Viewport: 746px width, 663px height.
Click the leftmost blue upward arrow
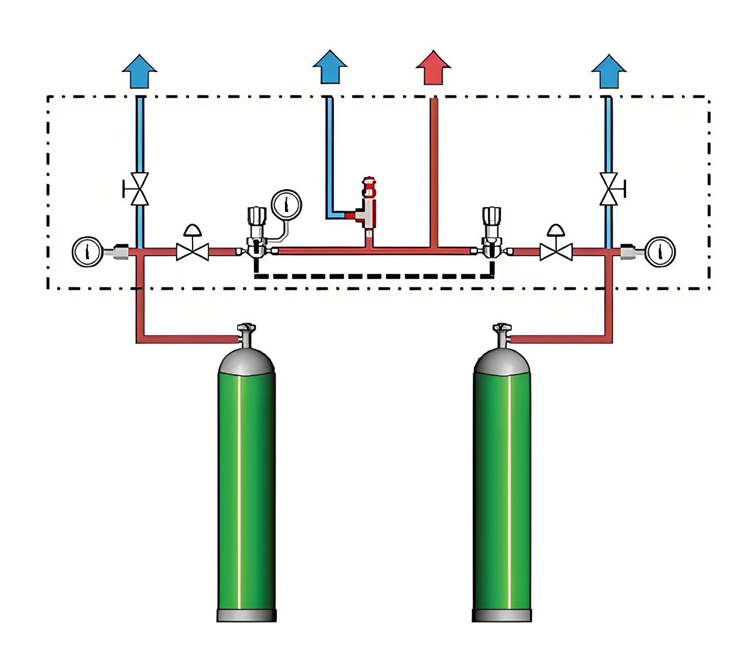coord(140,71)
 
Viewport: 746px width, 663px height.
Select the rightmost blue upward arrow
coord(609,71)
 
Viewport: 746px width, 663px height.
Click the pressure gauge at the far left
coord(87,252)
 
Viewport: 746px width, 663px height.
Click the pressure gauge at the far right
coord(659,252)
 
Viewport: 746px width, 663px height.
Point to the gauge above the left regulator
coord(286,204)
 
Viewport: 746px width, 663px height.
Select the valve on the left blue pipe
coord(139,189)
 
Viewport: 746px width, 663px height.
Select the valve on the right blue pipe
coord(610,189)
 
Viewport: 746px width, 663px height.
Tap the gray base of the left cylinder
coord(246,615)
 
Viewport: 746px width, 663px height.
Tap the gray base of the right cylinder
coord(502,615)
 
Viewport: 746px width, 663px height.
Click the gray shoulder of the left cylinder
coord(246,363)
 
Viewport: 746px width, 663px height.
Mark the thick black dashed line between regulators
coord(374,276)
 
